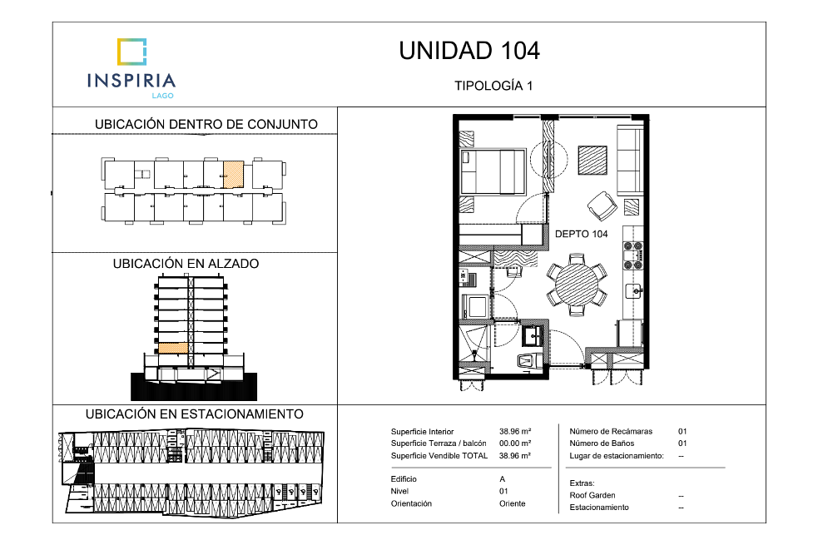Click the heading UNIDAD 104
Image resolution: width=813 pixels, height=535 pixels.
[469, 51]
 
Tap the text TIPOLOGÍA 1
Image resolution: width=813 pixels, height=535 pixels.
[493, 86]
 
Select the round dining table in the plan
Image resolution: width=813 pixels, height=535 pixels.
[576, 285]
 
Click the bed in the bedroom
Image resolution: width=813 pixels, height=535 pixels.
[493, 171]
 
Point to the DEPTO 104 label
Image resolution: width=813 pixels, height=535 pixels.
[581, 234]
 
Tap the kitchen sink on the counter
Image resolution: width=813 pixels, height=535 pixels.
[634, 291]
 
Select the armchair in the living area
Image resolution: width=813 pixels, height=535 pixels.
[602, 206]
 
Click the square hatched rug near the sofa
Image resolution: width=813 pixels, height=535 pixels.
[592, 161]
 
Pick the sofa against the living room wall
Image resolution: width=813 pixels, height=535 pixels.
[629, 160]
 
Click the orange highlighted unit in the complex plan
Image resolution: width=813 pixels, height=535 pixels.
[233, 174]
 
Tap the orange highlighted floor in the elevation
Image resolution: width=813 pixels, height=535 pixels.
[172, 349]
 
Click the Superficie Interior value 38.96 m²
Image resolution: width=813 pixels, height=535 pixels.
[515, 431]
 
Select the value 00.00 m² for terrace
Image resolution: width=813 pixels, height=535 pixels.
[515, 443]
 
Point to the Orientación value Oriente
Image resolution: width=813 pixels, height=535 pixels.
[513, 503]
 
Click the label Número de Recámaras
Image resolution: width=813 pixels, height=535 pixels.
[611, 431]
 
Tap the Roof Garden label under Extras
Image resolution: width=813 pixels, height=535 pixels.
[592, 495]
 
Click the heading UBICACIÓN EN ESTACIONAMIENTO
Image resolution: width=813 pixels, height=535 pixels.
[195, 414]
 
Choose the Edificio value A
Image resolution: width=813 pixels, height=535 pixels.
[502, 479]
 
